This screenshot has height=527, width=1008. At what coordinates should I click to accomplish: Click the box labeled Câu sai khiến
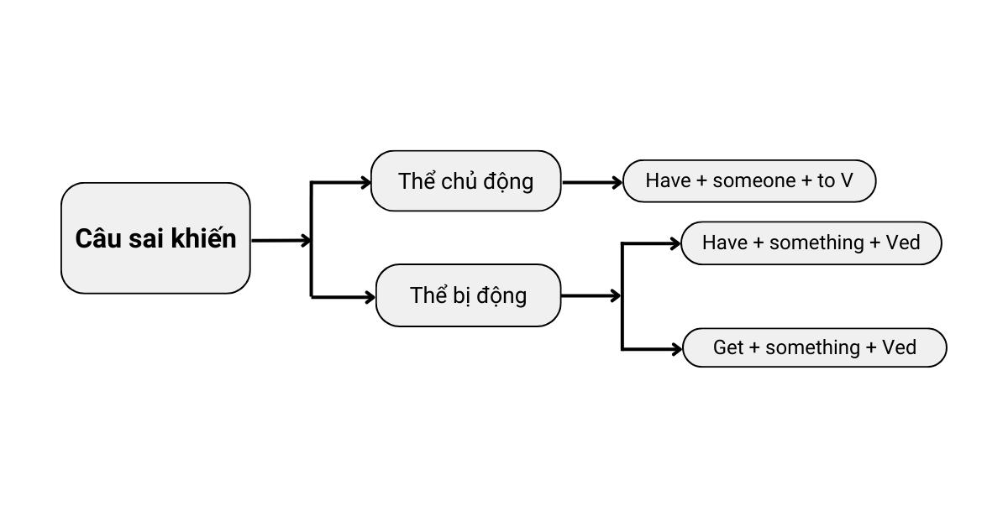pyautogui.click(x=155, y=238)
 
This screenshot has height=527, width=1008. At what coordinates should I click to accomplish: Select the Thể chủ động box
pyautogui.click(x=465, y=180)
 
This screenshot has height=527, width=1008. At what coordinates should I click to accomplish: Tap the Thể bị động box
pyautogui.click(x=469, y=295)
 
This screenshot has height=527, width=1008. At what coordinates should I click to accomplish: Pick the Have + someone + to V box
pyautogui.click(x=749, y=180)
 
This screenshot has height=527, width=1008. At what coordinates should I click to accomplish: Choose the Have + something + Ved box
pyautogui.click(x=811, y=243)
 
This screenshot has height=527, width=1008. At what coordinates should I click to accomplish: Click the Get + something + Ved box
pyautogui.click(x=815, y=347)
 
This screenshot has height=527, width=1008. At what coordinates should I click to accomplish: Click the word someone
pyautogui.click(x=754, y=180)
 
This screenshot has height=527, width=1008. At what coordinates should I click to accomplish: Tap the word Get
pyautogui.click(x=728, y=347)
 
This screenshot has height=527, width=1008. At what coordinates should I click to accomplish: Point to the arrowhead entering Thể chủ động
pyautogui.click(x=365, y=183)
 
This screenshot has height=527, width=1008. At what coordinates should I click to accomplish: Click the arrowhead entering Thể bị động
pyautogui.click(x=370, y=297)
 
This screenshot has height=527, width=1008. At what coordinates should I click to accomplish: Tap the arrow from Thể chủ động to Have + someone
pyautogui.click(x=592, y=183)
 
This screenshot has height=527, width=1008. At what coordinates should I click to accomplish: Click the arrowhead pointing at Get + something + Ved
pyautogui.click(x=676, y=349)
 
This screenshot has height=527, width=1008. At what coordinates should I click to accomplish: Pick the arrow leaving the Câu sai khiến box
pyautogui.click(x=281, y=241)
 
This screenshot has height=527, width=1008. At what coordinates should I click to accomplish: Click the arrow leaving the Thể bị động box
pyautogui.click(x=591, y=296)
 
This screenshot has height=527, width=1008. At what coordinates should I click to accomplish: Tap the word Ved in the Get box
pyautogui.click(x=899, y=347)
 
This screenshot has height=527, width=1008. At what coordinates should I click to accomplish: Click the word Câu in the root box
pyautogui.click(x=99, y=237)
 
